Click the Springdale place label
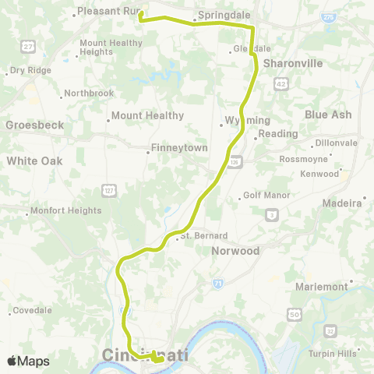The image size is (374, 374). [222, 15]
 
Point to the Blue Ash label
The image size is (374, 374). [328, 115]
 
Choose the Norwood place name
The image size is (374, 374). [235, 252]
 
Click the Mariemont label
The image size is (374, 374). [321, 287]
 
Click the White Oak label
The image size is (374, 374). [34, 161]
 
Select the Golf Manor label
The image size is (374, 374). [266, 196]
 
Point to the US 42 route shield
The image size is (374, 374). [280, 82]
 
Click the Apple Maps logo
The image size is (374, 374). [28, 361]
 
